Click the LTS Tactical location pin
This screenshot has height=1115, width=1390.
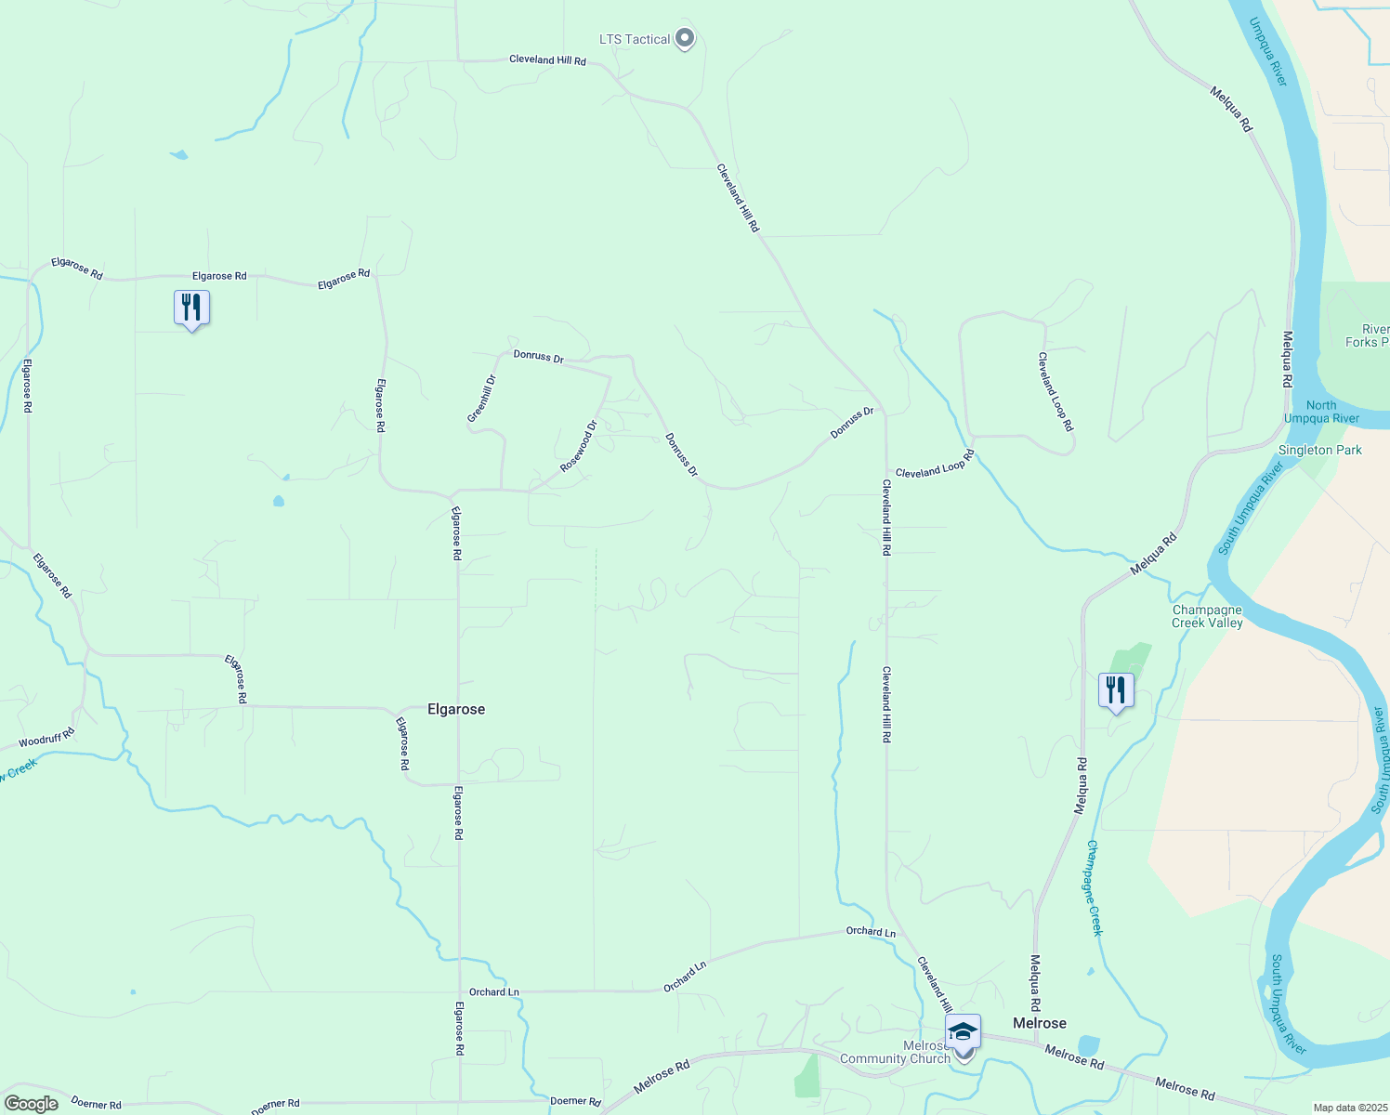click(x=685, y=39)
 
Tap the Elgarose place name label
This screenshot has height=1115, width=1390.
click(x=455, y=709)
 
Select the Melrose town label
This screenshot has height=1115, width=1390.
click(x=1039, y=1023)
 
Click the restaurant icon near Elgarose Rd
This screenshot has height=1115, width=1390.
click(x=191, y=308)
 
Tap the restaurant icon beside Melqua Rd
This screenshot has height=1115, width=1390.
click(x=1115, y=690)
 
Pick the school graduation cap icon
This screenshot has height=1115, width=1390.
click(x=963, y=1031)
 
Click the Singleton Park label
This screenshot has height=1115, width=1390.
click(x=1319, y=450)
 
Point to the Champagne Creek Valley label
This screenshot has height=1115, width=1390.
click(x=1207, y=617)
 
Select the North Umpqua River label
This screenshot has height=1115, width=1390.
click(x=1321, y=412)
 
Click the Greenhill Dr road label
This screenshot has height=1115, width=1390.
click(x=482, y=399)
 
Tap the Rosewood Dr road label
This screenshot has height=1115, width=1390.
click(x=578, y=446)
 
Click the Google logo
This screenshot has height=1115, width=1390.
click(x=32, y=1104)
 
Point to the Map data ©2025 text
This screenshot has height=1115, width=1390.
click(x=1348, y=1108)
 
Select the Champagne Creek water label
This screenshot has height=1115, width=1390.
click(x=1095, y=887)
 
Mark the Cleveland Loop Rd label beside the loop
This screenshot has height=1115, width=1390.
click(x=1056, y=391)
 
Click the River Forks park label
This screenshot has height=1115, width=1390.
click(x=1371, y=335)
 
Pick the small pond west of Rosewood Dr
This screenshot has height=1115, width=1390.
click(x=279, y=502)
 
